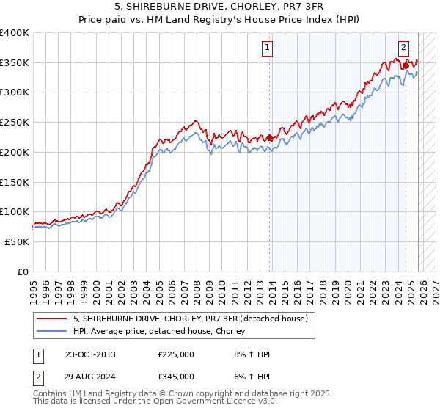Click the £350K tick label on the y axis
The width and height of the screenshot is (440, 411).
[x=15, y=62]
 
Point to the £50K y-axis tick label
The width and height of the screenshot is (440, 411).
[x=17, y=241]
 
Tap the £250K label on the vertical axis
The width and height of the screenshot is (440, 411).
[x=15, y=122]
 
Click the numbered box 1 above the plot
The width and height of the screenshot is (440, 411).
[x=268, y=47]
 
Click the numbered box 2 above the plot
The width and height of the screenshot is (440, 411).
[x=403, y=47]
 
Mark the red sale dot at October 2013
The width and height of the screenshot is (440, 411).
[x=269, y=137]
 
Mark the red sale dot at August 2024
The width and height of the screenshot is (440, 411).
[x=405, y=65]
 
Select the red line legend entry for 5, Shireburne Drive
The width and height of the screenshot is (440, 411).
[x=194, y=319]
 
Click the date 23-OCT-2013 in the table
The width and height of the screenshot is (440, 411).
[x=90, y=354]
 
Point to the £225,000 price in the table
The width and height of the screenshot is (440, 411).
[x=176, y=354]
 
